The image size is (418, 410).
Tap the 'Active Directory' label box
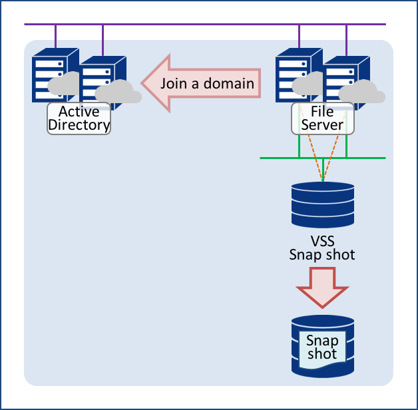click(x=79, y=118)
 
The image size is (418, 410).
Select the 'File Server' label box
click(x=323, y=118)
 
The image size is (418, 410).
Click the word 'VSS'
click(x=322, y=241)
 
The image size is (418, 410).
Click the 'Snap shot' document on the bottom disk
click(x=322, y=348)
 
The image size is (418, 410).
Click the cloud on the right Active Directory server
click(x=118, y=92)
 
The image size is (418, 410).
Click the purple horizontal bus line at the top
click(x=200, y=25)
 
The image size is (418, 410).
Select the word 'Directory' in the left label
click(x=79, y=124)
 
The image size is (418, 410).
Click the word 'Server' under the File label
click(x=323, y=124)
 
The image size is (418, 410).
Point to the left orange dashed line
click(x=314, y=156)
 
